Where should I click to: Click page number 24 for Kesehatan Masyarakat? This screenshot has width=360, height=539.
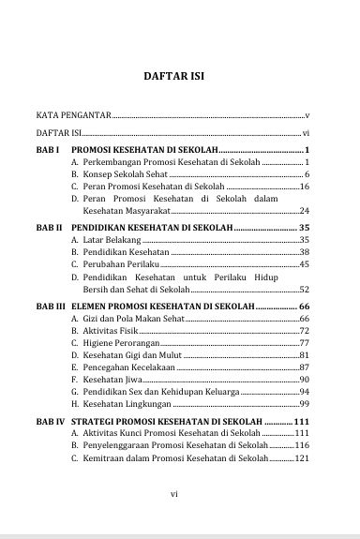click(x=303, y=210)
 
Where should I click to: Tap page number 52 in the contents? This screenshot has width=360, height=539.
click(x=303, y=290)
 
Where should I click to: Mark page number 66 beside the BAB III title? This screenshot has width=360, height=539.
click(x=303, y=306)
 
